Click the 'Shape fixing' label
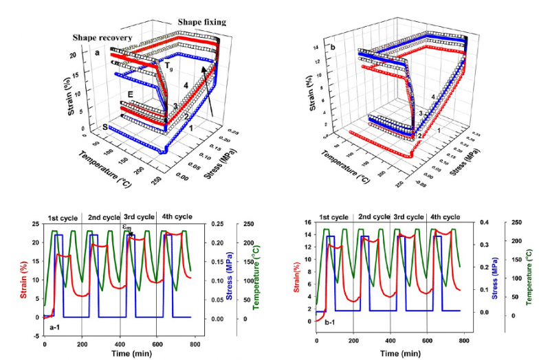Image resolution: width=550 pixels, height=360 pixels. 202,22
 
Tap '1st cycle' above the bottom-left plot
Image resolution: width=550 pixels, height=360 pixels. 63,218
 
